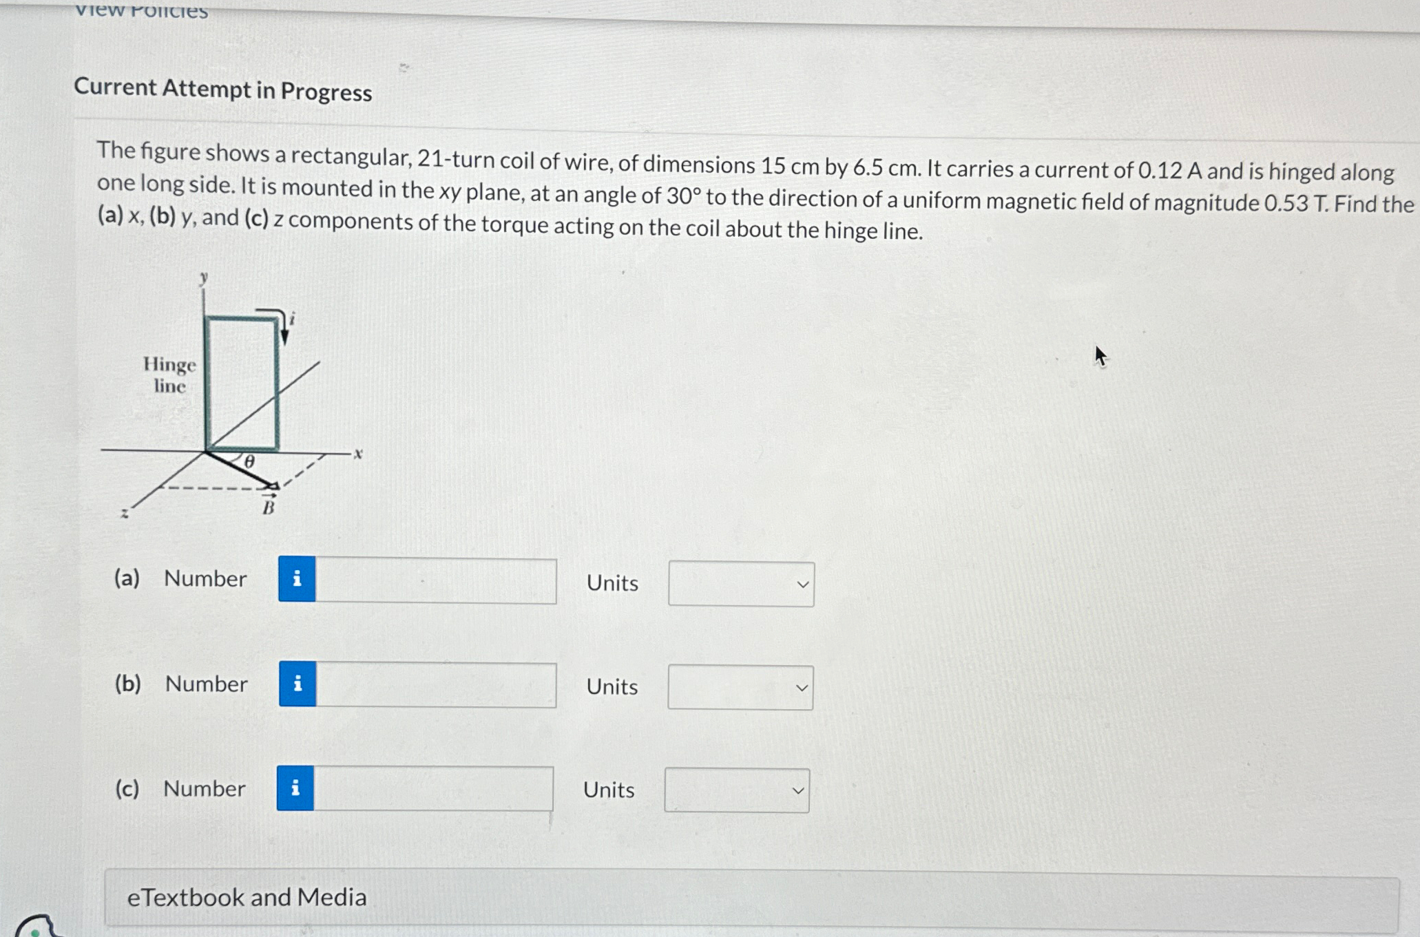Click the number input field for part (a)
(435, 581)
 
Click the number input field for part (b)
(435, 685)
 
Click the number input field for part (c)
(432, 789)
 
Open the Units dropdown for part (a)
(741, 585)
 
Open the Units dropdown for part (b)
(740, 688)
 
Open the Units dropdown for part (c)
(737, 790)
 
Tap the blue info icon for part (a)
(297, 579)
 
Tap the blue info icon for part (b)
(297, 684)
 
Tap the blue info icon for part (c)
(295, 788)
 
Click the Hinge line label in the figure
(169, 375)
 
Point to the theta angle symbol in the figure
(249, 462)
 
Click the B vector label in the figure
(269, 507)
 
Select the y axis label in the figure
(203, 278)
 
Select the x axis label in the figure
(358, 454)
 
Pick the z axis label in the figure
(125, 513)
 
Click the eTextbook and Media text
(247, 897)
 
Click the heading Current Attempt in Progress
(223, 90)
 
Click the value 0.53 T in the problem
(1295, 203)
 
